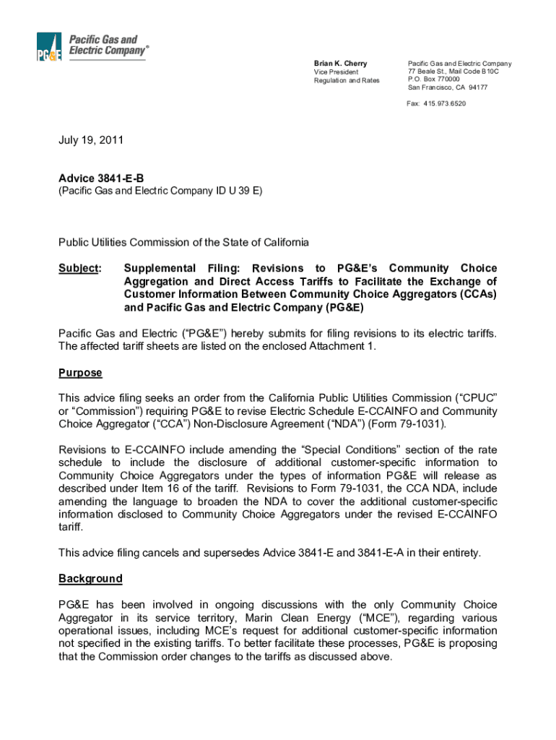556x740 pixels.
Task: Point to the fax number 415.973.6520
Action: (x=445, y=103)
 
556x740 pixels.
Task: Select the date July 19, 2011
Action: (x=91, y=140)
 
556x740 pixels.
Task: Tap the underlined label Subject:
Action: (x=79, y=268)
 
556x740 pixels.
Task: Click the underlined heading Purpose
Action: (x=80, y=373)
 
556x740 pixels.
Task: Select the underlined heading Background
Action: (x=90, y=578)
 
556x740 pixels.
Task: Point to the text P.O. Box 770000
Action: (x=434, y=79)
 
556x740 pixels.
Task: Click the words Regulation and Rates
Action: (x=346, y=80)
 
